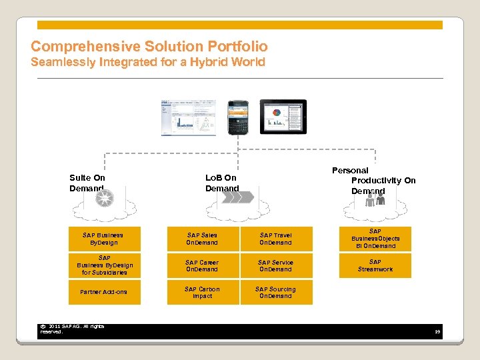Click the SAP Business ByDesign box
click(x=103, y=239)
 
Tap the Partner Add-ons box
click(x=103, y=292)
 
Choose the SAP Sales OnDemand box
click(x=202, y=239)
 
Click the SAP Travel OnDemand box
click(x=275, y=239)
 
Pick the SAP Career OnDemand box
click(x=202, y=265)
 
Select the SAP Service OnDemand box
click(x=275, y=265)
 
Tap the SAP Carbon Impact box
click(x=202, y=292)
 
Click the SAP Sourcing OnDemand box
click(x=275, y=292)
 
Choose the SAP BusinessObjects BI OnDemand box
click(x=375, y=239)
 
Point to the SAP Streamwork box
click(x=375, y=265)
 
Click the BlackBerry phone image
click(x=238, y=117)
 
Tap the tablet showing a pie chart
click(x=283, y=116)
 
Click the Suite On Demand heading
click(x=87, y=183)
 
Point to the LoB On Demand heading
click(x=221, y=183)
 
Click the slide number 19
click(x=437, y=331)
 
